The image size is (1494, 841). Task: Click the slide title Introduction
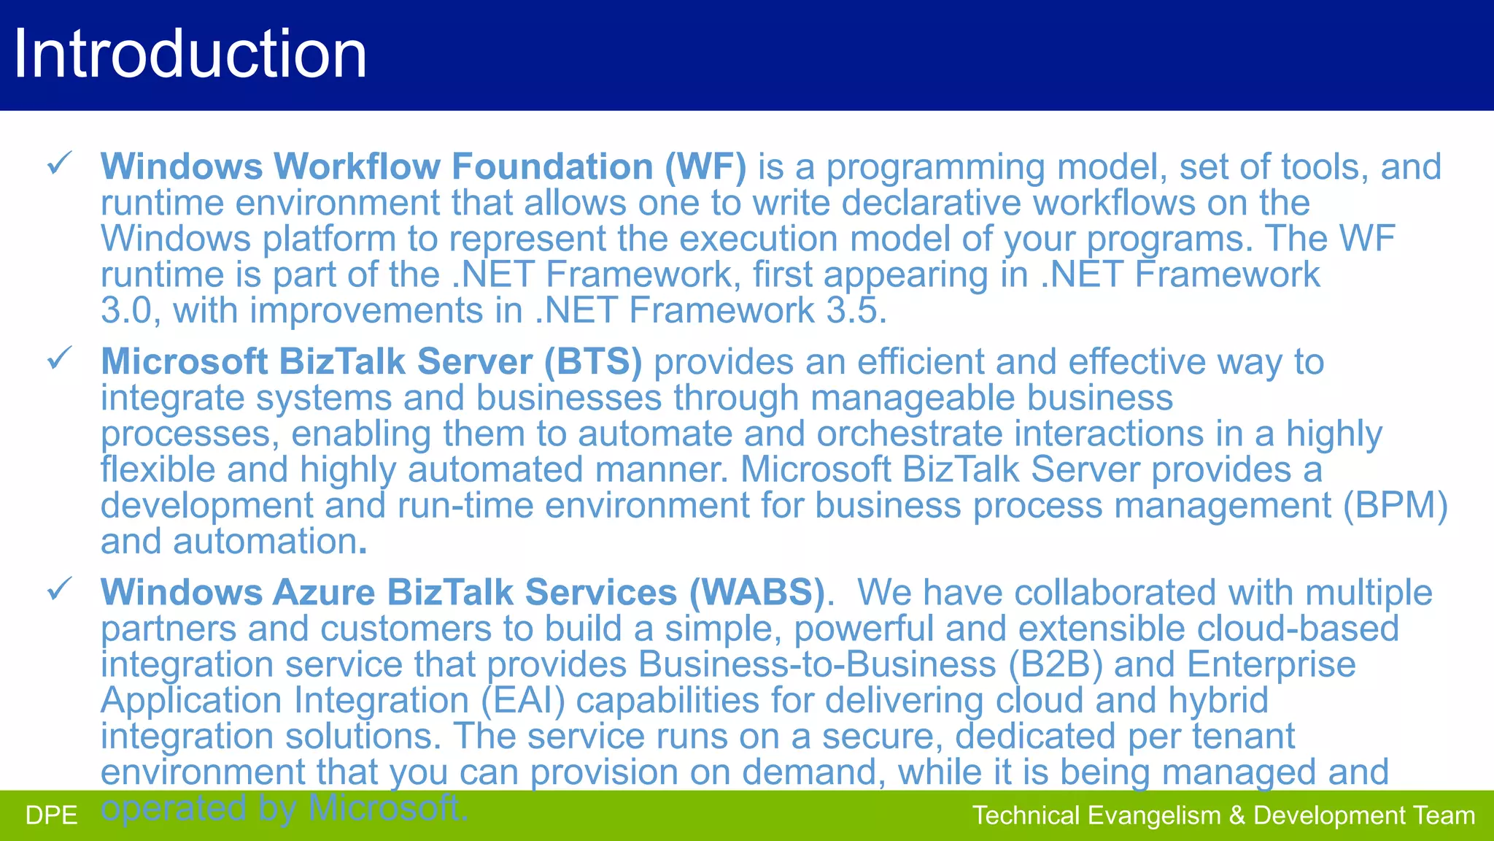(190, 54)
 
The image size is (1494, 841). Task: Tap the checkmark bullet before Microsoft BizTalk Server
(59, 358)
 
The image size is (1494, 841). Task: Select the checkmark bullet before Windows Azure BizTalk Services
(59, 588)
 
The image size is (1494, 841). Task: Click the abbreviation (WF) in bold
(705, 166)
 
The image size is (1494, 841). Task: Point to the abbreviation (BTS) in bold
(593, 362)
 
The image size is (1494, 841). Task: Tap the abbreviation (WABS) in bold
(756, 592)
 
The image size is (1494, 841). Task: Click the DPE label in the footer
(51, 815)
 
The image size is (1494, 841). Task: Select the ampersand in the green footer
(1236, 815)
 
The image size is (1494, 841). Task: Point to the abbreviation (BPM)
(1396, 505)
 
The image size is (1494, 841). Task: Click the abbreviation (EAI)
(523, 700)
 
